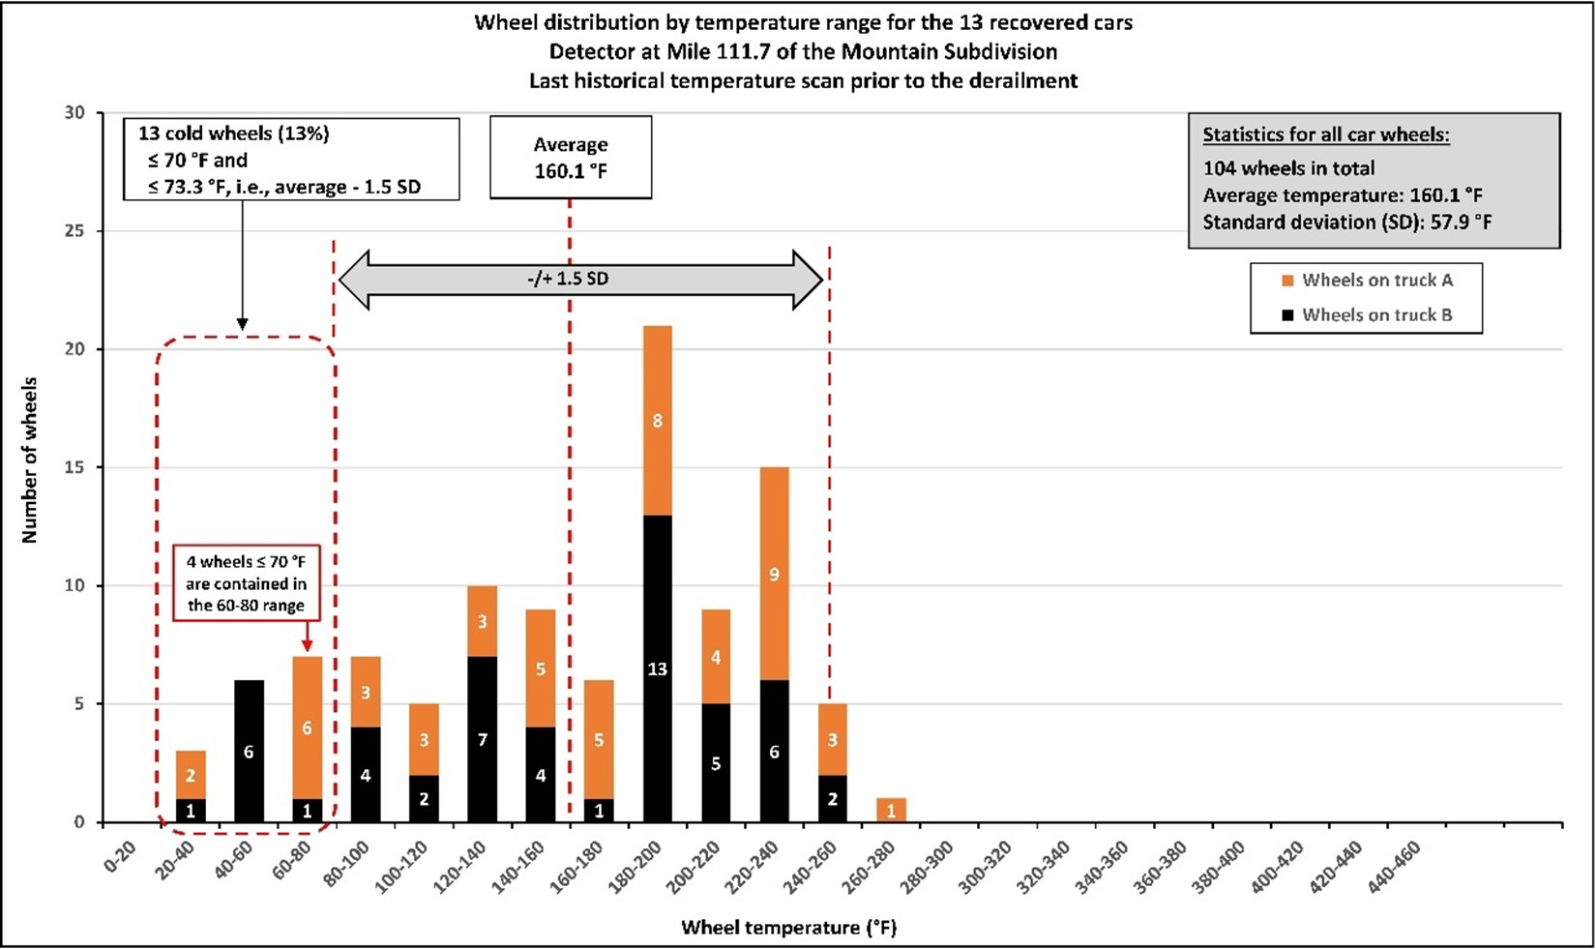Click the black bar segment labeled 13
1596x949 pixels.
[x=657, y=668]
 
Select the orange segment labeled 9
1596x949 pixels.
[x=774, y=575]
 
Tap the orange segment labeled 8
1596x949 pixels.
[x=657, y=421]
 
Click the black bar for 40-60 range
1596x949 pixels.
[x=249, y=752]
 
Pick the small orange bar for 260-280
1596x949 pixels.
[x=891, y=811]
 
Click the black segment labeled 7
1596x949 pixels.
[x=482, y=740]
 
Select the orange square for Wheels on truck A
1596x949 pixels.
[x=1287, y=281]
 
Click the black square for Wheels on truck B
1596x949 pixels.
[x=1287, y=315]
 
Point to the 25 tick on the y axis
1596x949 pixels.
[x=74, y=231]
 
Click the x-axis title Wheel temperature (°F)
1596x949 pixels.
[x=788, y=928]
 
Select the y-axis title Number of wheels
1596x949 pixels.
[x=30, y=460]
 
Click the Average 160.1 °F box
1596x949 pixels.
[x=571, y=158]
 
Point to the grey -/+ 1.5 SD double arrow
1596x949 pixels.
[x=580, y=280]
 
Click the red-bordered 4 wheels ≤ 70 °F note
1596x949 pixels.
[x=246, y=583]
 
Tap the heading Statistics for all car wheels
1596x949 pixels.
[x=1325, y=135]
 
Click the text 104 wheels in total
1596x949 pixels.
[x=1288, y=167]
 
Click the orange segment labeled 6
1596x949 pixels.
[x=307, y=727]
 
